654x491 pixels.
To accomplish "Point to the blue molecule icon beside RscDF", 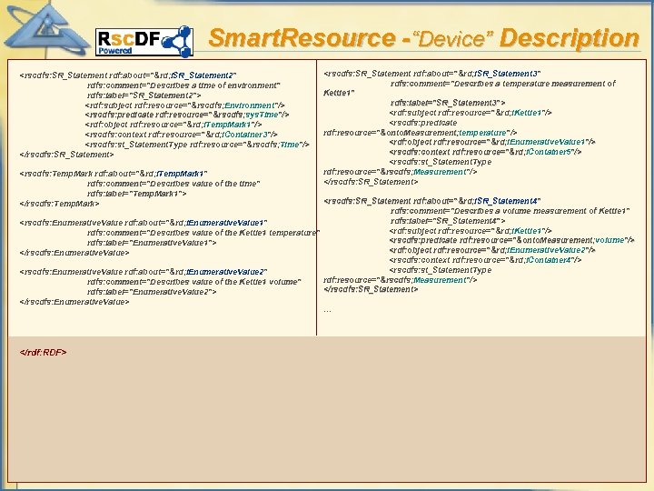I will (176, 42).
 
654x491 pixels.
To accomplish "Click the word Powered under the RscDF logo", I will (115, 52).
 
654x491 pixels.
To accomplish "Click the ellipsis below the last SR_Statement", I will (328, 309).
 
